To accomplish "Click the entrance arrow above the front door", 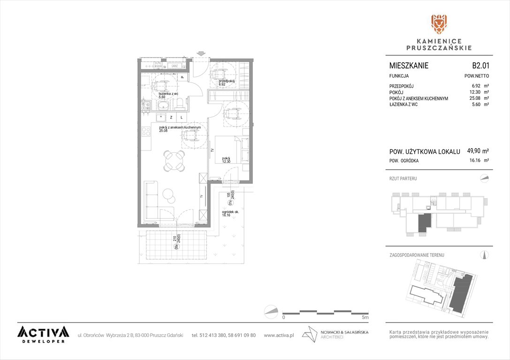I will click(x=201, y=53).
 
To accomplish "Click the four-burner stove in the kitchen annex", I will click(x=145, y=131).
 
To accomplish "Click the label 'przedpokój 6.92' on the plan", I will click(x=227, y=82).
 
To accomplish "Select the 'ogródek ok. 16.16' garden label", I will click(x=230, y=214).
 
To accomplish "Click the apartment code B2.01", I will click(x=480, y=66).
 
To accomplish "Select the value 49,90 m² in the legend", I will click(x=478, y=151).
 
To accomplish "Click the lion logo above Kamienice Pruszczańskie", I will click(x=439, y=24).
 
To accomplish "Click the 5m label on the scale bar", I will click(x=366, y=317).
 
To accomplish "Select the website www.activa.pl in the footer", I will click(x=279, y=335).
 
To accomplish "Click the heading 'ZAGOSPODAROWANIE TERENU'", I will click(x=417, y=255).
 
